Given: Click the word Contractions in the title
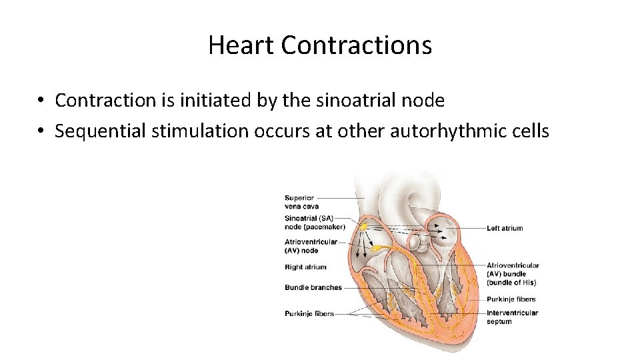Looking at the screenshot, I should (357, 45).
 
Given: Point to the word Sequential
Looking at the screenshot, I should (101, 131).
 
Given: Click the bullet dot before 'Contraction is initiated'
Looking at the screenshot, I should (41, 101).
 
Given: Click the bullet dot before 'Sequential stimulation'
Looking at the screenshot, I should (41, 131).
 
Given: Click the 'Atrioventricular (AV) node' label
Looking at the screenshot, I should (311, 246).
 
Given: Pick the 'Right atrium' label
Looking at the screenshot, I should (305, 267).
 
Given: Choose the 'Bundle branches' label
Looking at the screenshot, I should (313, 288).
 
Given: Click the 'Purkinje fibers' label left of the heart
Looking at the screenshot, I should (309, 313).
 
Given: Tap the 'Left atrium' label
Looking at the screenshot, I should (505, 229).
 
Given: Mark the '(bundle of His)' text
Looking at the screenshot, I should (511, 283).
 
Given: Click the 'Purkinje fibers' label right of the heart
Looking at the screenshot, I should (511, 299).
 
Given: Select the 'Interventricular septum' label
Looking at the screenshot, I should (512, 317).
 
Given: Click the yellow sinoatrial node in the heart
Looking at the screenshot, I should (364, 227).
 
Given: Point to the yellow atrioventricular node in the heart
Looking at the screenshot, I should (377, 249).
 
